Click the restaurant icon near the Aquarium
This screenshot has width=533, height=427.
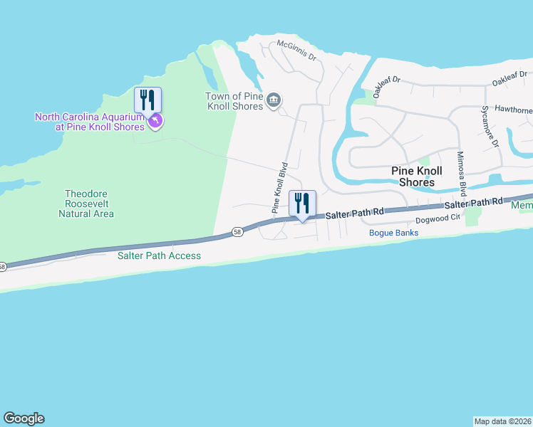[148, 100]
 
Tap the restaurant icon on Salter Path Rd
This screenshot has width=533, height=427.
[302, 204]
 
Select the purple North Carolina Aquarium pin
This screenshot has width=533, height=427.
[156, 122]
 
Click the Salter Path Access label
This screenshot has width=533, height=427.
[160, 255]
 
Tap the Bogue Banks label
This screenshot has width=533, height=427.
[393, 233]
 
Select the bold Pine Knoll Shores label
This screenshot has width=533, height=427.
[417, 176]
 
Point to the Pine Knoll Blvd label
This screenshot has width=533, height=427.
[279, 189]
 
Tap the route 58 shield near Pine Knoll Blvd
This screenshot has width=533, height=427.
[237, 232]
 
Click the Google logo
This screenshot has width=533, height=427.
[24, 418]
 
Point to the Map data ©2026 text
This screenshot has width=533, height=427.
[502, 421]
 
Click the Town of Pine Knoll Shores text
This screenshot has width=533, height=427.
[234, 101]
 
